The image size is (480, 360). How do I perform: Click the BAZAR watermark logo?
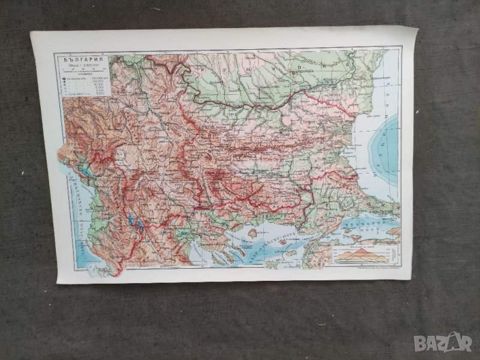[x=443, y=342]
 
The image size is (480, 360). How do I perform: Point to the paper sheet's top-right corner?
[x=416, y=28]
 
